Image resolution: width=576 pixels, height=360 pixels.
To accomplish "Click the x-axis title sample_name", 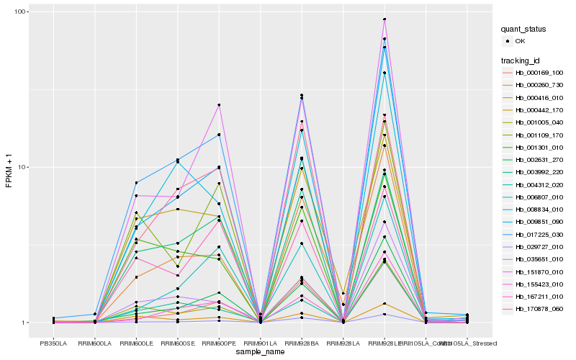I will click(260, 352).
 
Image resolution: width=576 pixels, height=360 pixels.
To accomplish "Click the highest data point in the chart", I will click(384, 19).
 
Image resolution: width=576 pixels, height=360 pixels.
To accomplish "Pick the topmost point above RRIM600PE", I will click(219, 105).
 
